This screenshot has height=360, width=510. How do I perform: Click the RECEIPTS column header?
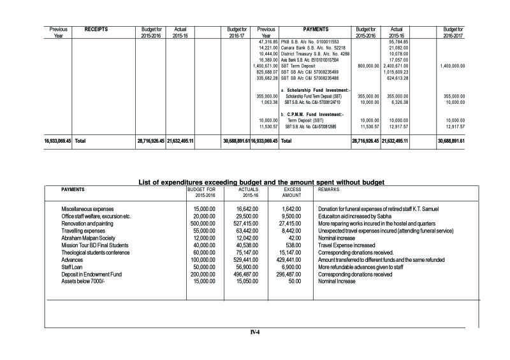pos(96,29)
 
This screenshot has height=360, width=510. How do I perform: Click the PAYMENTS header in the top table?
pos(316,29)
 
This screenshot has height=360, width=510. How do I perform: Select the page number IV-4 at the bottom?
pos(255,332)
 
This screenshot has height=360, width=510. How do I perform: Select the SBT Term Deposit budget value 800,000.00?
pos(365,65)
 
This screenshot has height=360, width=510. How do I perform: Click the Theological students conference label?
pos(95,252)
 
